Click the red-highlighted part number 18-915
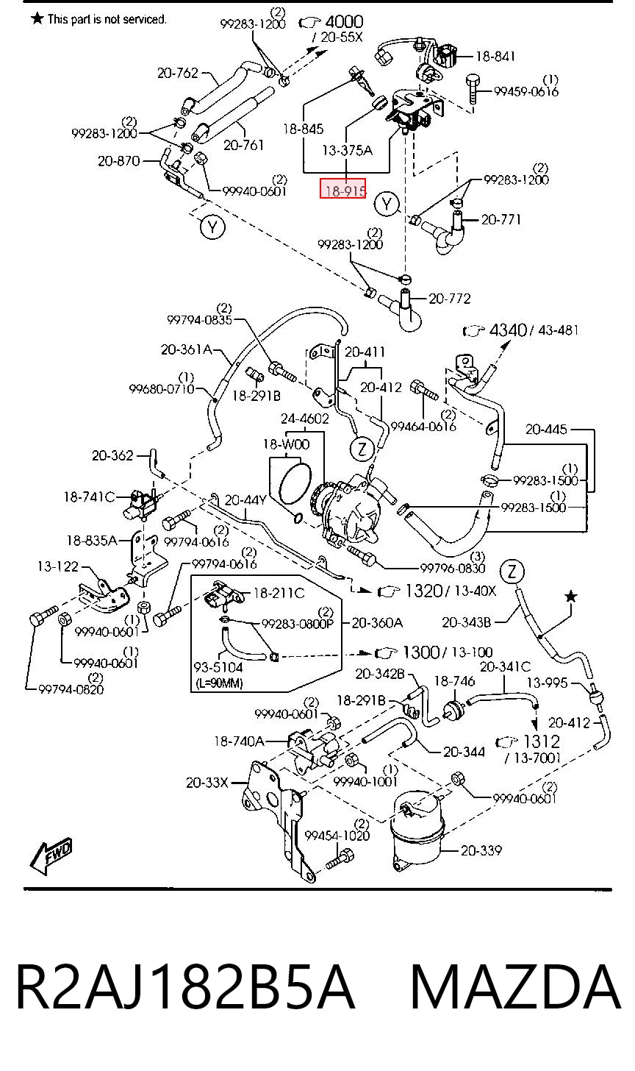(343, 188)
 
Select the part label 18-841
(495, 57)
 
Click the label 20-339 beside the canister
(481, 850)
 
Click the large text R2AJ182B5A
(185, 988)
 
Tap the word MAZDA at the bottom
(515, 988)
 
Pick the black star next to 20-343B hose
(571, 597)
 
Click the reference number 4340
(508, 330)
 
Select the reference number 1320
(423, 591)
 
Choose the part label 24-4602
(305, 419)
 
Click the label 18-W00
(286, 444)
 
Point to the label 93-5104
(218, 667)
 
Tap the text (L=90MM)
(219, 683)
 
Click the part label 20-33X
(207, 783)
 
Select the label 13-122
(58, 566)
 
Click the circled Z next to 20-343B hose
(512, 572)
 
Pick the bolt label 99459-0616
(526, 91)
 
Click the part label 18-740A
(239, 741)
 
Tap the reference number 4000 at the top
(345, 21)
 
